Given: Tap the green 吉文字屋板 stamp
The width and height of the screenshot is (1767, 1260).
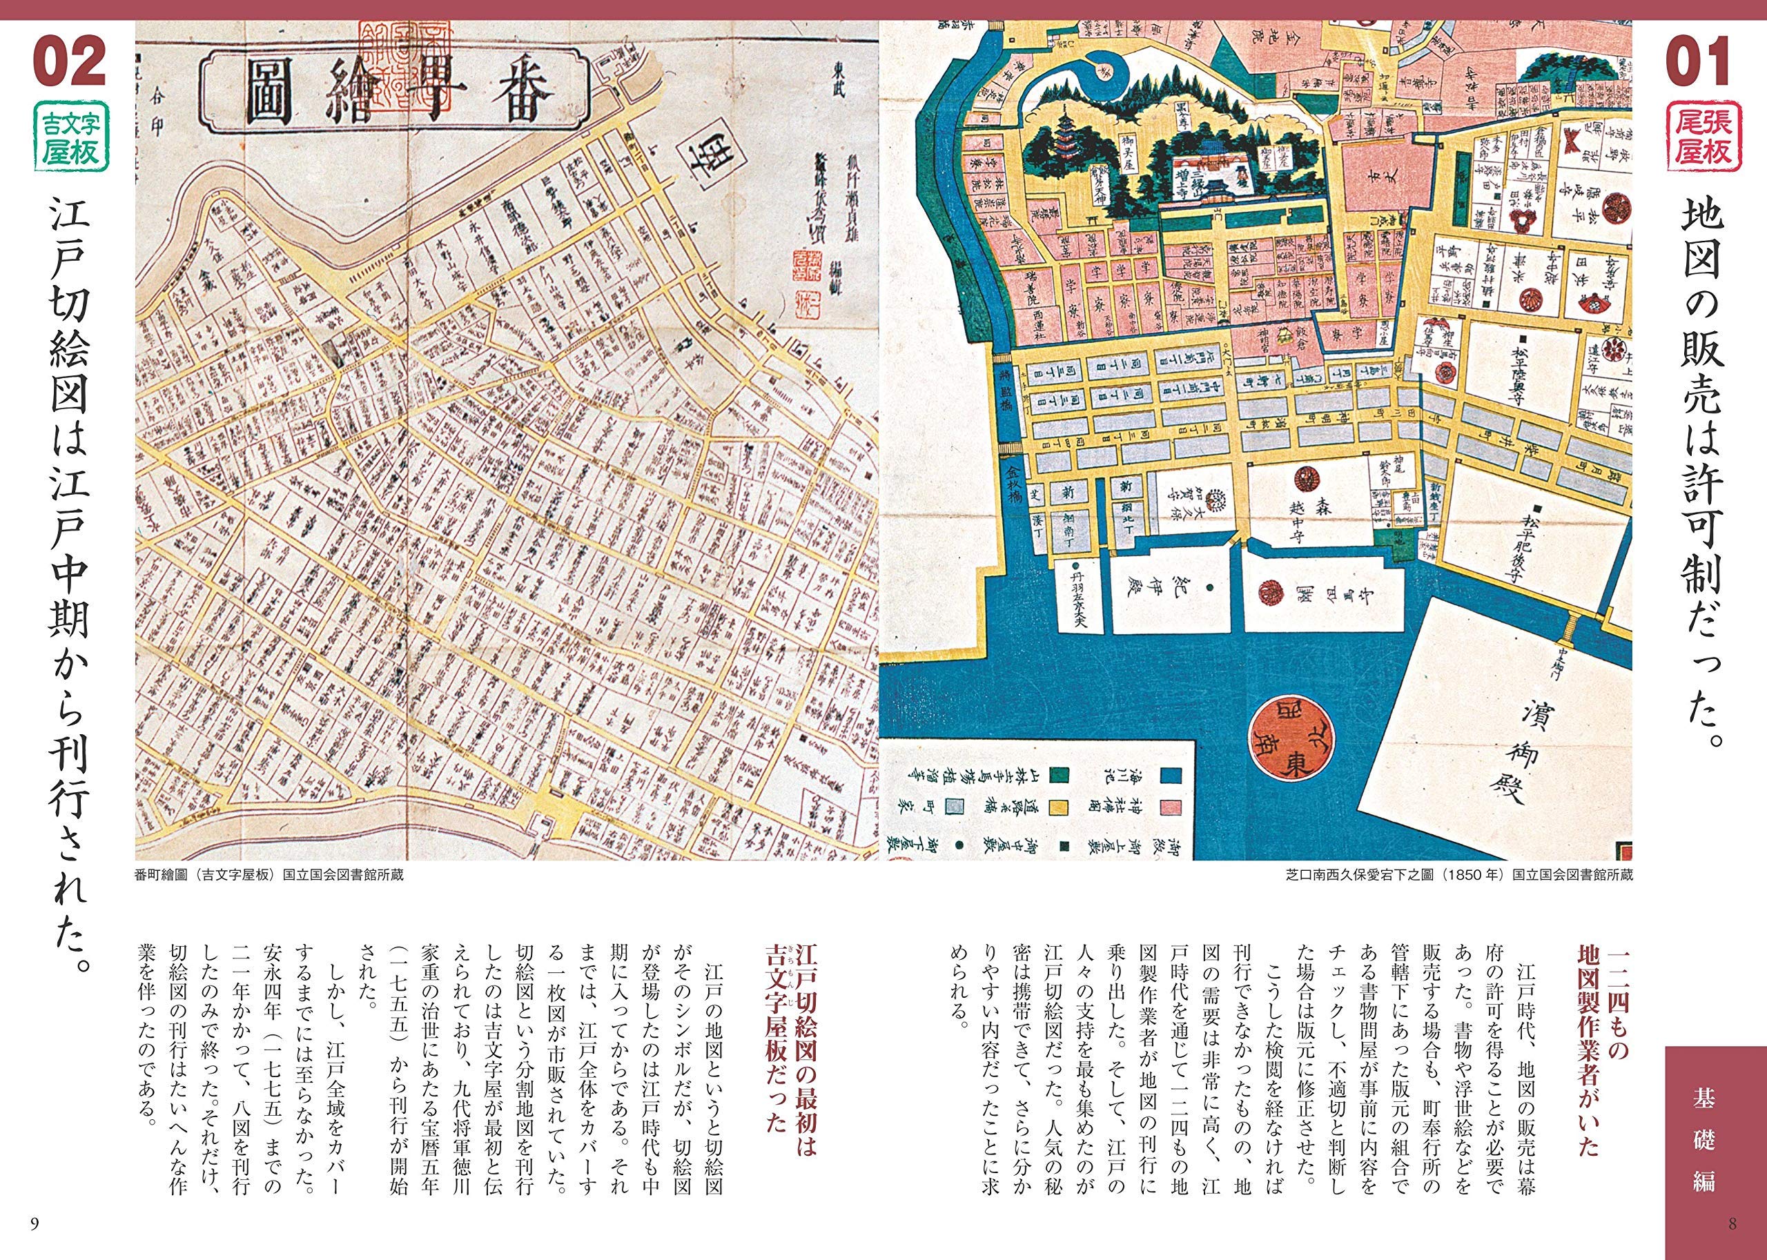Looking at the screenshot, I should pyautogui.click(x=71, y=137).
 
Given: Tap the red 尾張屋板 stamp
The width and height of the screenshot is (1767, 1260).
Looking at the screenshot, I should pyautogui.click(x=1697, y=137).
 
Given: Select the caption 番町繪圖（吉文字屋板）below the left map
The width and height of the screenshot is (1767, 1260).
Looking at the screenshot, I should pyautogui.click(x=269, y=875).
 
